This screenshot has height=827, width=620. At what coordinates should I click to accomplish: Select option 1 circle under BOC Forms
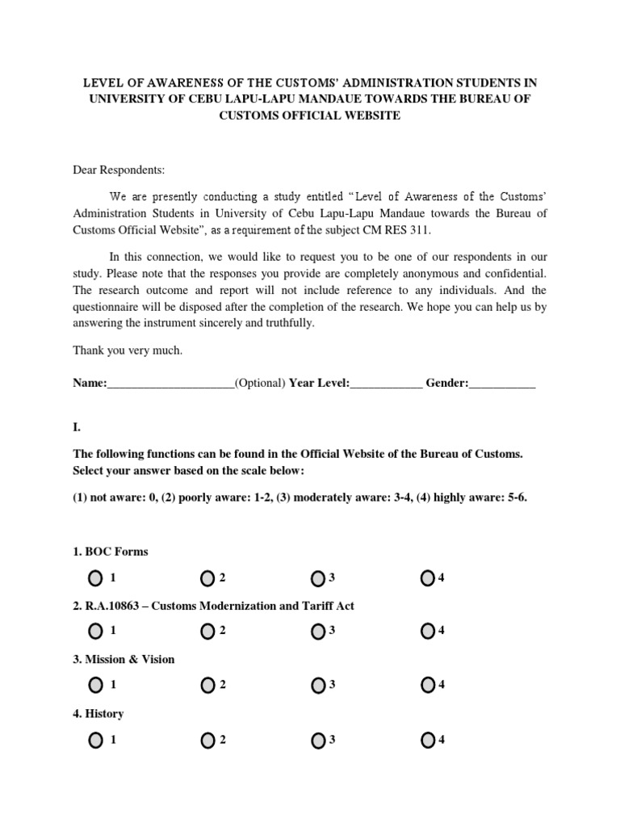(x=96, y=577)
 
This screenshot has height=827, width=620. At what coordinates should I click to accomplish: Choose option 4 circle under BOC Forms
(x=428, y=577)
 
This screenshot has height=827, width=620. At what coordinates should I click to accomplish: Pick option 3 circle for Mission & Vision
(x=317, y=685)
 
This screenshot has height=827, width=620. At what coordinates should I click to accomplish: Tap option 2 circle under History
(x=207, y=740)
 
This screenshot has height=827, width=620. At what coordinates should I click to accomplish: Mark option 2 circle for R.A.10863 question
(x=207, y=631)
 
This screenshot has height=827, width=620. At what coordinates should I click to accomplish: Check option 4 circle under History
(x=428, y=740)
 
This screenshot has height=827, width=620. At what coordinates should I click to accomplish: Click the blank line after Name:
(x=170, y=384)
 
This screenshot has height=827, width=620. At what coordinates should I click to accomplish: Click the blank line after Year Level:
(x=386, y=384)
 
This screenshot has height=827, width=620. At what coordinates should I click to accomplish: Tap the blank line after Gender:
(x=502, y=384)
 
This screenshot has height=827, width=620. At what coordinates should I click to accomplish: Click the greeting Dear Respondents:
(x=119, y=170)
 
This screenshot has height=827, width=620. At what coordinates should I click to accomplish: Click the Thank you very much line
(x=128, y=351)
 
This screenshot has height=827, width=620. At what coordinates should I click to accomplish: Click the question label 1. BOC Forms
(x=111, y=552)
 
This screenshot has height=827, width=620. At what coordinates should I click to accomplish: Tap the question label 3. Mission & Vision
(x=124, y=659)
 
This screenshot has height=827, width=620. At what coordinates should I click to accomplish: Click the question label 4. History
(x=98, y=714)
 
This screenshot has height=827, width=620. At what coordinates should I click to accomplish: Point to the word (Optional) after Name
(x=260, y=384)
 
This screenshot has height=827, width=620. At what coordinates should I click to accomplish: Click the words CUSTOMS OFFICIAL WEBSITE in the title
(x=309, y=115)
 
